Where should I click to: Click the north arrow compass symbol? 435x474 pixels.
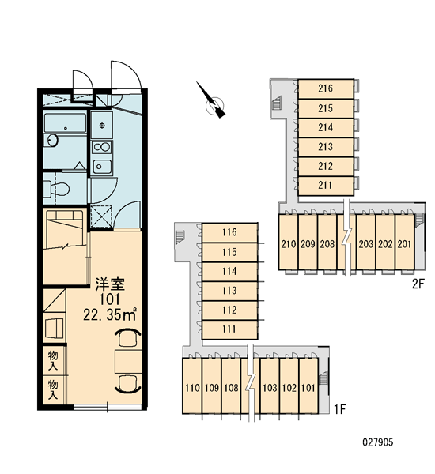click(214, 103)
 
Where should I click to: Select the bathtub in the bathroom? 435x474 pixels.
click(65, 122)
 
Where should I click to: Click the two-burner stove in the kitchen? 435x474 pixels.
click(102, 147)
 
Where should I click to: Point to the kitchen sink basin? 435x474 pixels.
click(102, 166)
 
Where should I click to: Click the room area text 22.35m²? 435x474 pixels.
click(110, 315)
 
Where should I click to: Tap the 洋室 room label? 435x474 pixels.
click(110, 284)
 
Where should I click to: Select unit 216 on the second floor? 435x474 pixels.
click(326, 88)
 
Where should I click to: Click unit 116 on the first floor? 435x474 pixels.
click(229, 232)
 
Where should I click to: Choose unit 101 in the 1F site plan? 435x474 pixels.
click(308, 386)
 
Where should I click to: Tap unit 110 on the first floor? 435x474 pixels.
click(192, 386)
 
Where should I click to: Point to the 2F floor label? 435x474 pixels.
click(418, 284)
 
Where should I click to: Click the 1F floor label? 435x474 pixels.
click(339, 409)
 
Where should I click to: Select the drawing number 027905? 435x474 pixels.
click(378, 442)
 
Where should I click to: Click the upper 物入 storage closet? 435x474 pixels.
click(53, 360)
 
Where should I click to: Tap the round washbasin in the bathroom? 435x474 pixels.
click(53, 140)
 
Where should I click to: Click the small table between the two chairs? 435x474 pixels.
click(128, 362)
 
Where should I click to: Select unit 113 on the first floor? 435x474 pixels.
click(229, 291)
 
